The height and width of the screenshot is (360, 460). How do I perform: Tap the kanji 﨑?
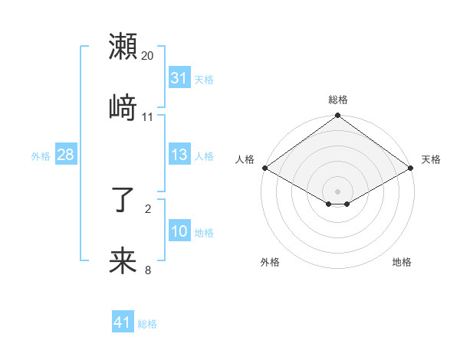click(123, 106)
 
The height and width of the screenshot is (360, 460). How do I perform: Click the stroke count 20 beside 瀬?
click(148, 56)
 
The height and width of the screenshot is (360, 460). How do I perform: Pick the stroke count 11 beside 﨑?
click(148, 116)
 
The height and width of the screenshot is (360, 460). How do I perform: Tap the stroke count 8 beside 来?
click(148, 270)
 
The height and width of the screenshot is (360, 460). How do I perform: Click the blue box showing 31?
click(179, 78)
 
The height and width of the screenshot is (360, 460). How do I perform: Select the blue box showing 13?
click(179, 155)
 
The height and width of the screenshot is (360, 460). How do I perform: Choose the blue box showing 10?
click(179, 231)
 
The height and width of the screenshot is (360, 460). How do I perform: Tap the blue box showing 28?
click(65, 155)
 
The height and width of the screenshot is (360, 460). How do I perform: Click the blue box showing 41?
click(123, 322)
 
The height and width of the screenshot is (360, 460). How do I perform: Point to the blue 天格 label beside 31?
click(204, 79)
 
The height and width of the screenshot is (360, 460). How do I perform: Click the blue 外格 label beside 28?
click(41, 155)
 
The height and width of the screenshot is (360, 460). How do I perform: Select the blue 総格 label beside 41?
click(147, 323)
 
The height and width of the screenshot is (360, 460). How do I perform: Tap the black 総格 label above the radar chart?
click(338, 100)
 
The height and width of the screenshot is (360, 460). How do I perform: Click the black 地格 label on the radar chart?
click(402, 262)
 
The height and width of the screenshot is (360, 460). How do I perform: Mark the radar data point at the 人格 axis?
click(264, 168)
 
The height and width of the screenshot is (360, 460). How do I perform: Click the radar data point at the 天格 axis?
click(412, 168)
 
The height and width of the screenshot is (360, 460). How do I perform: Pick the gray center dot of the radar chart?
click(338, 191)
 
